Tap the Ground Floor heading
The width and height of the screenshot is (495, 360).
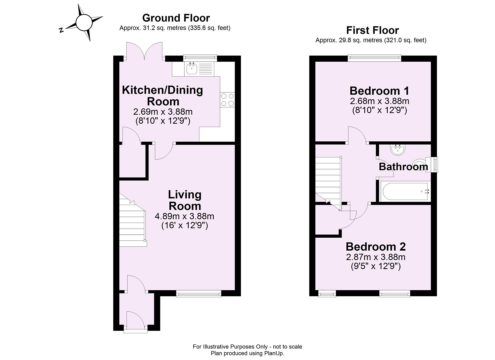176,18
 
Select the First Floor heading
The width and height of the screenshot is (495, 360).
372,30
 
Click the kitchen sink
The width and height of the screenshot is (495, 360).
192,69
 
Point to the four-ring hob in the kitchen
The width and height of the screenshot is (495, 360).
227,100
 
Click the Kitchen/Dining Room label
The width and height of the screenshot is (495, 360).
163,95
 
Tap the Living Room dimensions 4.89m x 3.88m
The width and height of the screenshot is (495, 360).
184,216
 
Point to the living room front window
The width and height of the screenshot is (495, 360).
198,293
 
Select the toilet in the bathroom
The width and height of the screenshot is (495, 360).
421,165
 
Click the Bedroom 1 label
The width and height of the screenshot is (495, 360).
379,91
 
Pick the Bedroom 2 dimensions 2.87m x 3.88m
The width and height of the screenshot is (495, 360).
376,257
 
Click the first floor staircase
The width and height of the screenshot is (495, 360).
328,180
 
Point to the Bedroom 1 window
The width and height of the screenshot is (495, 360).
374,58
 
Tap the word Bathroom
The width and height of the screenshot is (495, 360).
403,167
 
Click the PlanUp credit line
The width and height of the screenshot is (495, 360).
247,353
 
